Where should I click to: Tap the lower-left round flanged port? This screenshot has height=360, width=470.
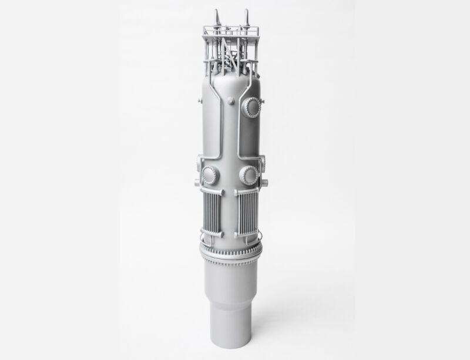(210, 174)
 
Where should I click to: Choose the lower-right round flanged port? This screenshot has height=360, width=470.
(249, 174)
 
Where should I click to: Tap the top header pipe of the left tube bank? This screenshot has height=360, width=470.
(212, 191)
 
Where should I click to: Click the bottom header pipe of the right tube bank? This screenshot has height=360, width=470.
(247, 239)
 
